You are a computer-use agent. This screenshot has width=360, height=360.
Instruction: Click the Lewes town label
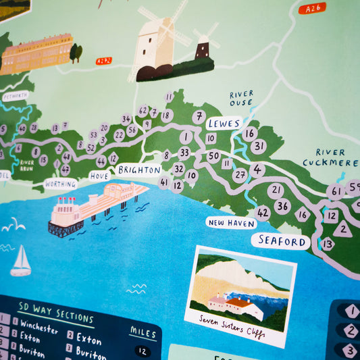point(224,123)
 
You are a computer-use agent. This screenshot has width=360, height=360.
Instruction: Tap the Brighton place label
point(139,170)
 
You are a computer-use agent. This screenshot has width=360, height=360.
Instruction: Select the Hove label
point(100,176)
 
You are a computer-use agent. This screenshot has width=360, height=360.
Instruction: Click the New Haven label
point(232,222)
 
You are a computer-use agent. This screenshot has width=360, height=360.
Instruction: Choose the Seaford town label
point(282,240)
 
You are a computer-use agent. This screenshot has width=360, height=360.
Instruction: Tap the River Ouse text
point(241,99)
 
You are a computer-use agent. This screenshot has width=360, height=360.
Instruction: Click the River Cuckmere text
point(330,157)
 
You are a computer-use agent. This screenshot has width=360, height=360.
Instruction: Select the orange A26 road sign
point(311,8)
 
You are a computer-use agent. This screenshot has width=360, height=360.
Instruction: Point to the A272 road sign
point(103,61)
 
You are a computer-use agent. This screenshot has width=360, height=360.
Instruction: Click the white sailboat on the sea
point(21,262)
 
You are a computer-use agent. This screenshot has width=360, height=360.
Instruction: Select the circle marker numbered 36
point(282,207)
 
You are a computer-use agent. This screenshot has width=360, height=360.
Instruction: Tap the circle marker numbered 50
point(213,157)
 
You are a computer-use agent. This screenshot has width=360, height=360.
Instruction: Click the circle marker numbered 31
point(259,147)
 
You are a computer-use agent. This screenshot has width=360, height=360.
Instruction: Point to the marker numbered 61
point(336,192)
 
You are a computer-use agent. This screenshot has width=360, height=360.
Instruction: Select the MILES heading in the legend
point(143,332)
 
